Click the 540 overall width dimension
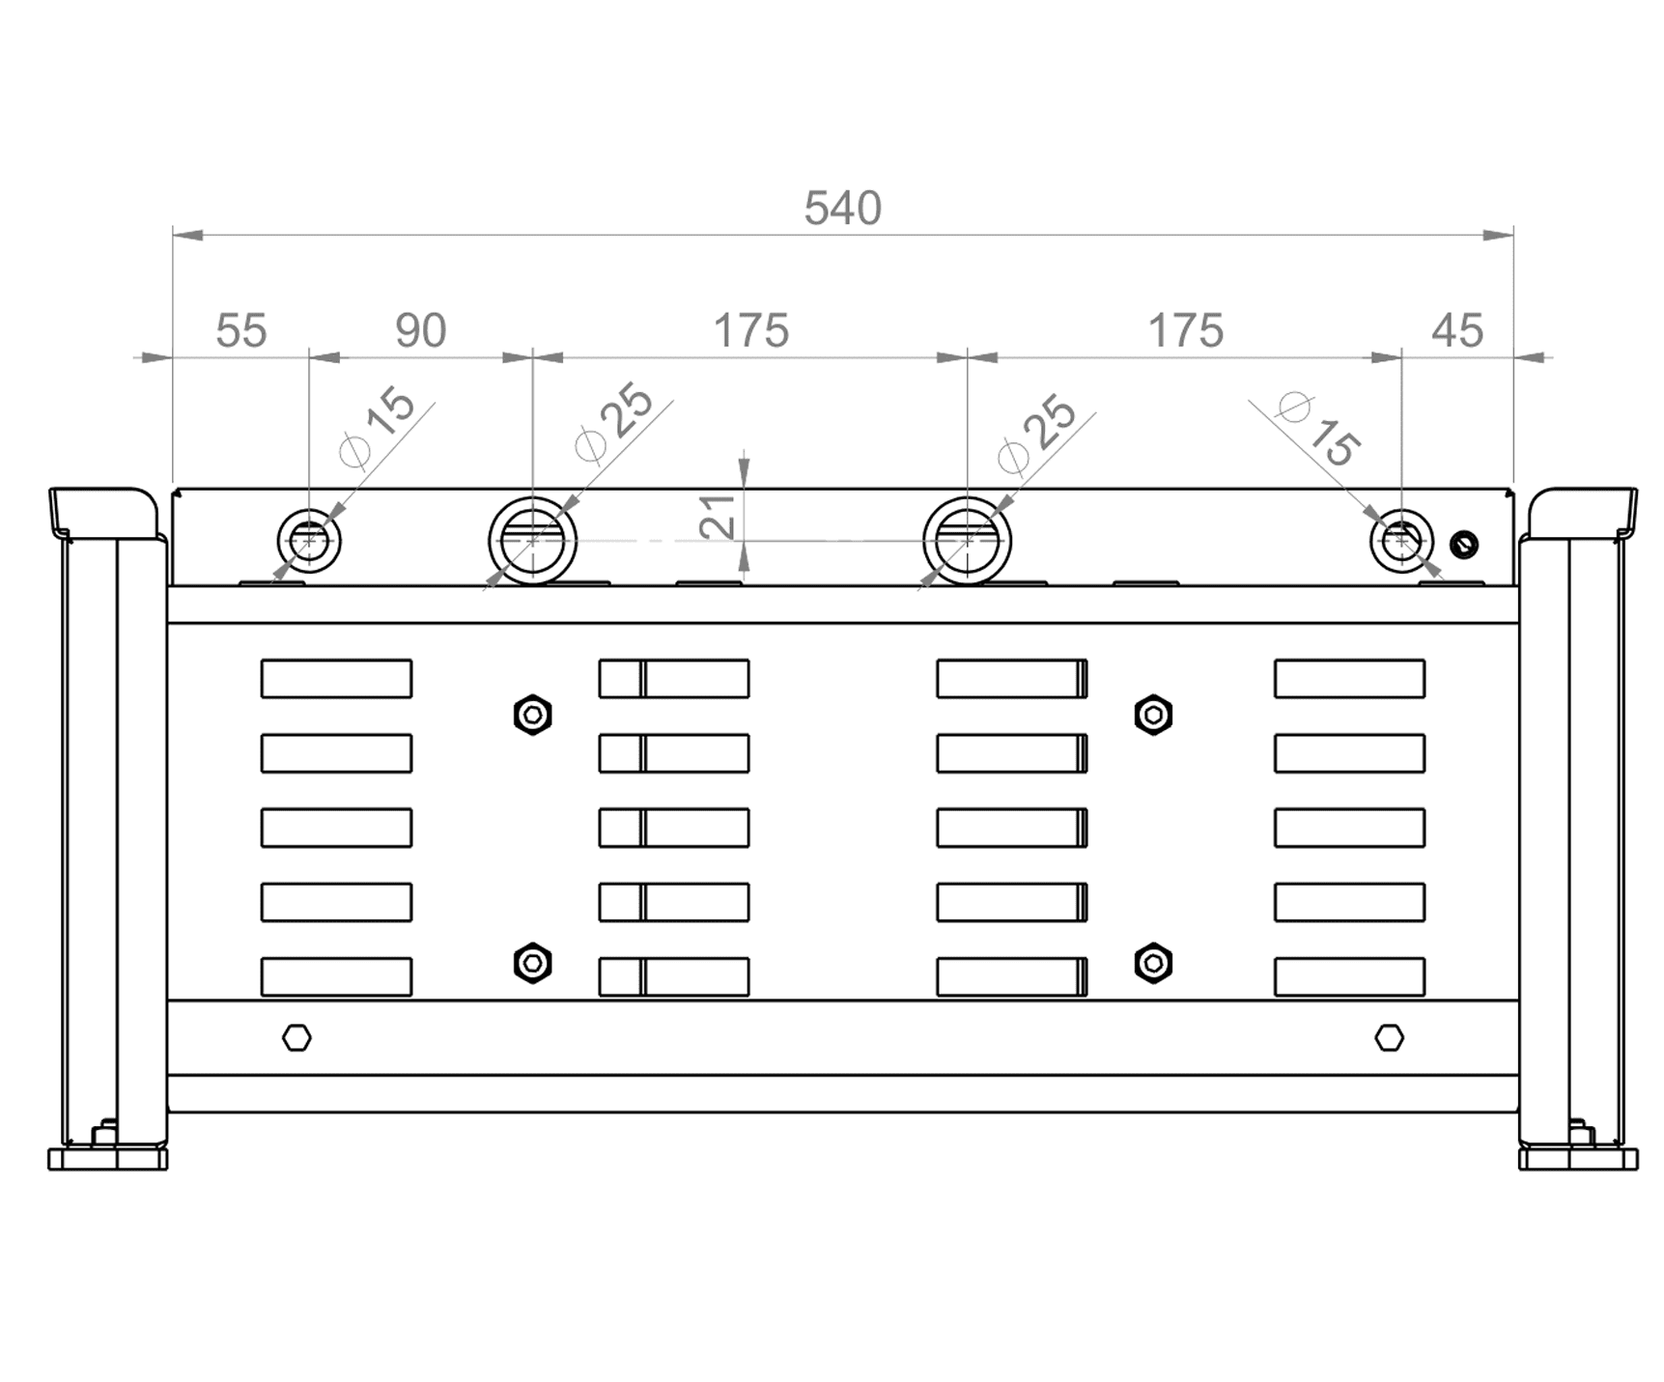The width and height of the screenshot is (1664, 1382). tap(842, 209)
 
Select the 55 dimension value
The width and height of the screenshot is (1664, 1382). tap(240, 331)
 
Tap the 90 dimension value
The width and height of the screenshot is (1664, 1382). tap(420, 331)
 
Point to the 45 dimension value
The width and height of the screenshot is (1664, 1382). tap(1456, 331)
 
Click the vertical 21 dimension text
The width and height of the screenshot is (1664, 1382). tap(718, 517)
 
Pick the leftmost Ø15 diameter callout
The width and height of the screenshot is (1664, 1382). tap(378, 427)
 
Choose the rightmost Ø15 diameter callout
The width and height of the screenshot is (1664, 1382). tap(1319, 431)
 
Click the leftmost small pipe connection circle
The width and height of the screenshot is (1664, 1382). tap(309, 511)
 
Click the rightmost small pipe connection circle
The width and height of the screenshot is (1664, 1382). tap(1401, 512)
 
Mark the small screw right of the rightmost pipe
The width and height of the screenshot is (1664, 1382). tap(1464, 545)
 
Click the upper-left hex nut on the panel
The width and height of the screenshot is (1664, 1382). tap(532, 716)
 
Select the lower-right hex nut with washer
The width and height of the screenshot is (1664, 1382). tap(1153, 964)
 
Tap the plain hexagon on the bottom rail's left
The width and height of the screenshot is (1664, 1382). tap(296, 1038)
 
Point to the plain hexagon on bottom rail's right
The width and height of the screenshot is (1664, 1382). tap(1389, 1038)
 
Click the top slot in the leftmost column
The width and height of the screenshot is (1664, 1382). tap(336, 679)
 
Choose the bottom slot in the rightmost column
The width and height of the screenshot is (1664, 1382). tap(1349, 976)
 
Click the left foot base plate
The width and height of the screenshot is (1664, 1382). tap(107, 1159)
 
